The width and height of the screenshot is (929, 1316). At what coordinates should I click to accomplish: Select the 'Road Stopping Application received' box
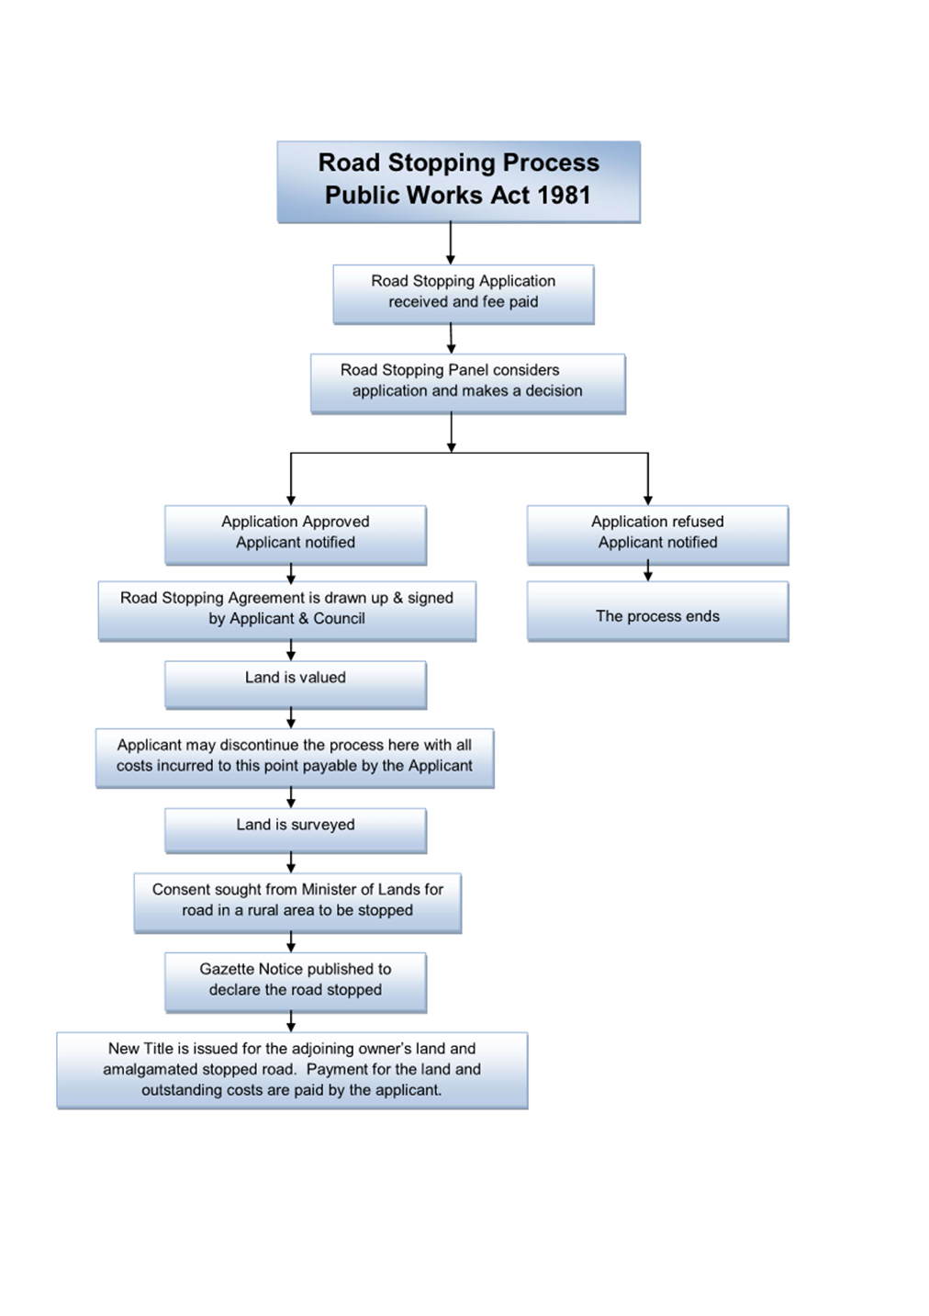(x=464, y=294)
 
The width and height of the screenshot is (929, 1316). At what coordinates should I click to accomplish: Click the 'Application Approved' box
(x=296, y=534)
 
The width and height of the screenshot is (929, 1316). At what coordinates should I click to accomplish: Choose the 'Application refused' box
(x=657, y=534)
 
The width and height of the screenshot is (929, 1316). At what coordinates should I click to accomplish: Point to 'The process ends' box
(x=657, y=611)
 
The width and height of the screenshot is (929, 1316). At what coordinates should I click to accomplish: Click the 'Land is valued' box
(x=296, y=685)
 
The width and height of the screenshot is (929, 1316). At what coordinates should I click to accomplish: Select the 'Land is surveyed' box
(x=296, y=831)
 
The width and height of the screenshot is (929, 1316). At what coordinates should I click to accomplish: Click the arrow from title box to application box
(x=451, y=243)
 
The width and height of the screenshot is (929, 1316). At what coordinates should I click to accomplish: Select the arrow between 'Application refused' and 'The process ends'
(x=648, y=570)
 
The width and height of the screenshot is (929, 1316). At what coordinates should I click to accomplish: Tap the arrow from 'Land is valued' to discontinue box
(x=291, y=718)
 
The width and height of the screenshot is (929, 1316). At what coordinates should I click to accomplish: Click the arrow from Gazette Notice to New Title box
(x=291, y=1021)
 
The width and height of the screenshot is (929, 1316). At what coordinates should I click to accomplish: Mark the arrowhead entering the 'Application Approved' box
(x=291, y=501)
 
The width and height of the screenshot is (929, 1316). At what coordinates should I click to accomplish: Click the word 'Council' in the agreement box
(x=339, y=619)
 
